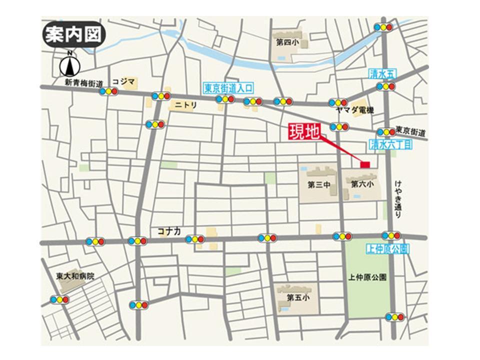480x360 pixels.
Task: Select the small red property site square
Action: (x=365, y=164)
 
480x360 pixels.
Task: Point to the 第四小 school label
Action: (x=286, y=43)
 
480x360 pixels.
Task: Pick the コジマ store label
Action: (x=123, y=81)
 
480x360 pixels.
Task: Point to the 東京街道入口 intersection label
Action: (x=228, y=88)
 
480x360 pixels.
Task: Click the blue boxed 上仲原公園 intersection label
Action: (x=388, y=248)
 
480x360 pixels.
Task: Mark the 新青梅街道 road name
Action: (x=83, y=82)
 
